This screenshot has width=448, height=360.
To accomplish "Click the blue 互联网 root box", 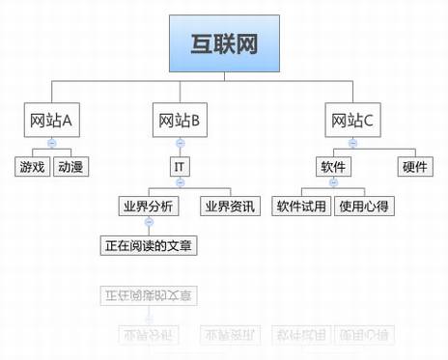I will [224, 42].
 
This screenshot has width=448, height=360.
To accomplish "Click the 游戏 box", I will [31, 167].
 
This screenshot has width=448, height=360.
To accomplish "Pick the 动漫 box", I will [70, 167].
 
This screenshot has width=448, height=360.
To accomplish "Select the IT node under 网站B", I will [179, 167].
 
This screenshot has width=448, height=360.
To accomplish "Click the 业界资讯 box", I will [228, 206].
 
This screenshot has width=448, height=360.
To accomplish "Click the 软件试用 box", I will [301, 206].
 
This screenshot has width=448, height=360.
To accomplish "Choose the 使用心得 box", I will [365, 206].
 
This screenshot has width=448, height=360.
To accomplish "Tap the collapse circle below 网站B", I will [179, 143].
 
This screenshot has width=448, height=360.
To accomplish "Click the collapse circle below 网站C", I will [352, 143].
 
